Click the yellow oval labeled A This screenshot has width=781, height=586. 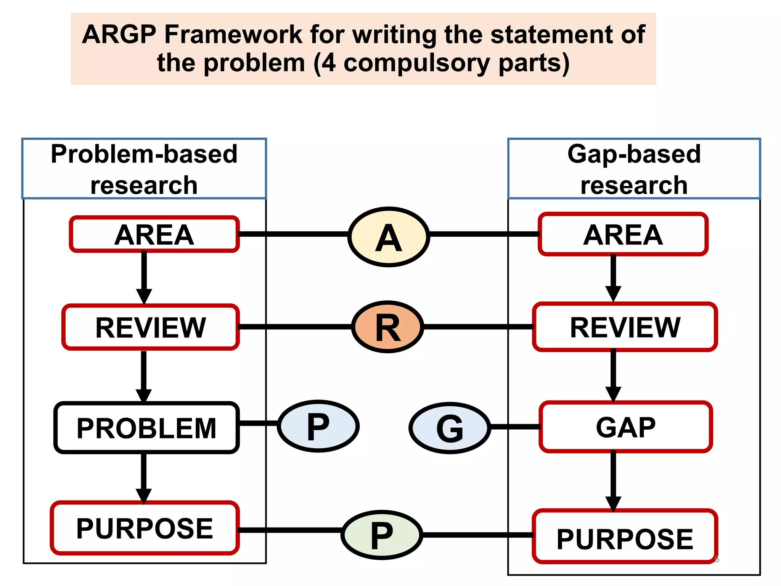tap(389, 237)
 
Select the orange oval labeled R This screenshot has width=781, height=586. tap(387, 327)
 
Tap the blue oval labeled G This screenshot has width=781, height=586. tap(450, 428)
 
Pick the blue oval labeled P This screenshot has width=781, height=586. tap(318, 426)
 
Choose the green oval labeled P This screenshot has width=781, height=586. tap(382, 535)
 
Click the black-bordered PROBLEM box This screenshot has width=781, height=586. tap(147, 428)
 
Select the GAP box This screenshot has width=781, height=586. tap(625, 427)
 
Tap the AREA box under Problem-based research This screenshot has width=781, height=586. tap(154, 234)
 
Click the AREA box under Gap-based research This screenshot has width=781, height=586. tap(623, 234)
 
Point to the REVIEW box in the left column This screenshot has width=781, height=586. tap(151, 327)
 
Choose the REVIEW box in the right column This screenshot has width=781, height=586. tap(625, 327)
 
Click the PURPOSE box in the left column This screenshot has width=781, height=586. tap(145, 528)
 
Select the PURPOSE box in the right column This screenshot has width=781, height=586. tap(625, 537)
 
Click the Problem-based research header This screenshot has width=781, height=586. tap(144, 169)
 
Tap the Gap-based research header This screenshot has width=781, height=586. tap(634, 169)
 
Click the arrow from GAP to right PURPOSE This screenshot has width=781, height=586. tap(613, 481)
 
